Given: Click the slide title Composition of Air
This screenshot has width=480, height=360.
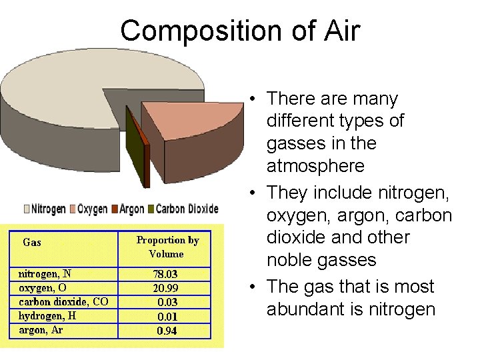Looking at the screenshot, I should point(240,31).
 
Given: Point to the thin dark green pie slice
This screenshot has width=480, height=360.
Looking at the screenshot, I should point(137,150).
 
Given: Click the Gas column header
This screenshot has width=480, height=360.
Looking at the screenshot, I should point(32,243).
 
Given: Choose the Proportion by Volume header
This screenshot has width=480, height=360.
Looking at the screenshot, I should point(167,247).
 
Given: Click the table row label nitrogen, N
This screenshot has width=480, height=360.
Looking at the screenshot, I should point(45,274).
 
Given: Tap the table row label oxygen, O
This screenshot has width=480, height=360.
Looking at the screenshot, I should point(42,288).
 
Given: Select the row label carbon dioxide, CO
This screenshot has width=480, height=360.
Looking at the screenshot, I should point(63,302).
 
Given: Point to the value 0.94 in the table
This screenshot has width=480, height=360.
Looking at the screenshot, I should point(167,331).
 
